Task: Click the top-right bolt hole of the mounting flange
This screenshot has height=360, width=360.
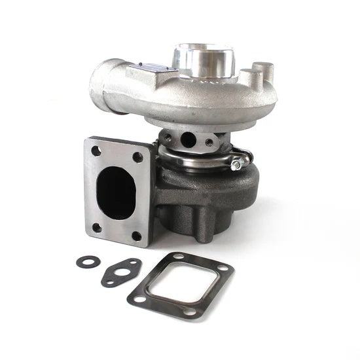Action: pyautogui.click(x=138, y=157)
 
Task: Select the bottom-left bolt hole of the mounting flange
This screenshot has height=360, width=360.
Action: pyautogui.click(x=97, y=227)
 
